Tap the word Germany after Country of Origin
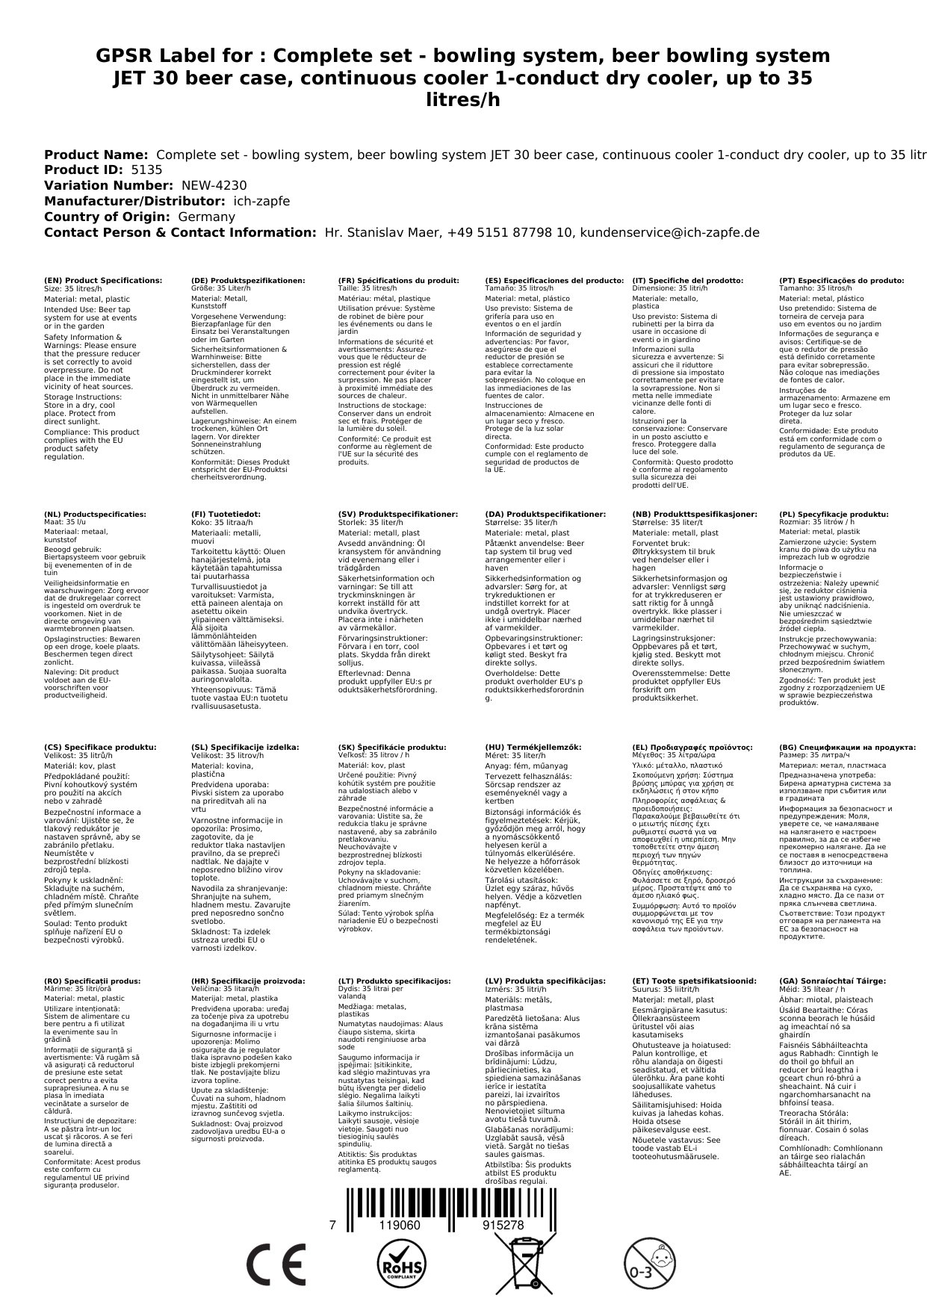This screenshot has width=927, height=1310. (206, 217)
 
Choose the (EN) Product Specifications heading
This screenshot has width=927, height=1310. (102, 280)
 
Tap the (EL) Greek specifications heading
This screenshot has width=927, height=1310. (692, 747)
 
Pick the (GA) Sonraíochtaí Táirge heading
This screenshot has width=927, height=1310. (832, 981)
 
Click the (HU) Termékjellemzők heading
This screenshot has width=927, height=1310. (533, 747)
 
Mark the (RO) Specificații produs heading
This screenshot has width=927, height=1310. (92, 981)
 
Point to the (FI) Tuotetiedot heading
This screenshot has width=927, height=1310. (226, 515)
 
